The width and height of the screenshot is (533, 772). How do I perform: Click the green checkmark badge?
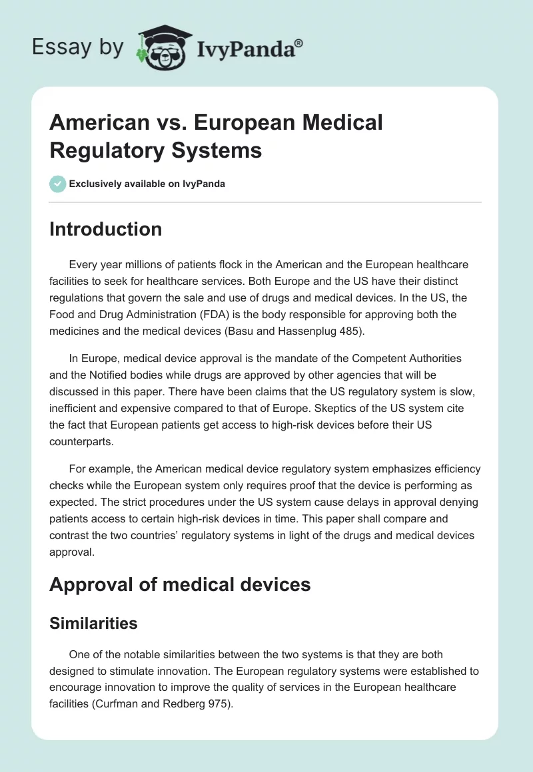pos(58,184)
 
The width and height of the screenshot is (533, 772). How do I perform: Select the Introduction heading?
pos(106,229)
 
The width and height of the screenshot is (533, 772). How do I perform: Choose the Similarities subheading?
pos(93,623)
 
